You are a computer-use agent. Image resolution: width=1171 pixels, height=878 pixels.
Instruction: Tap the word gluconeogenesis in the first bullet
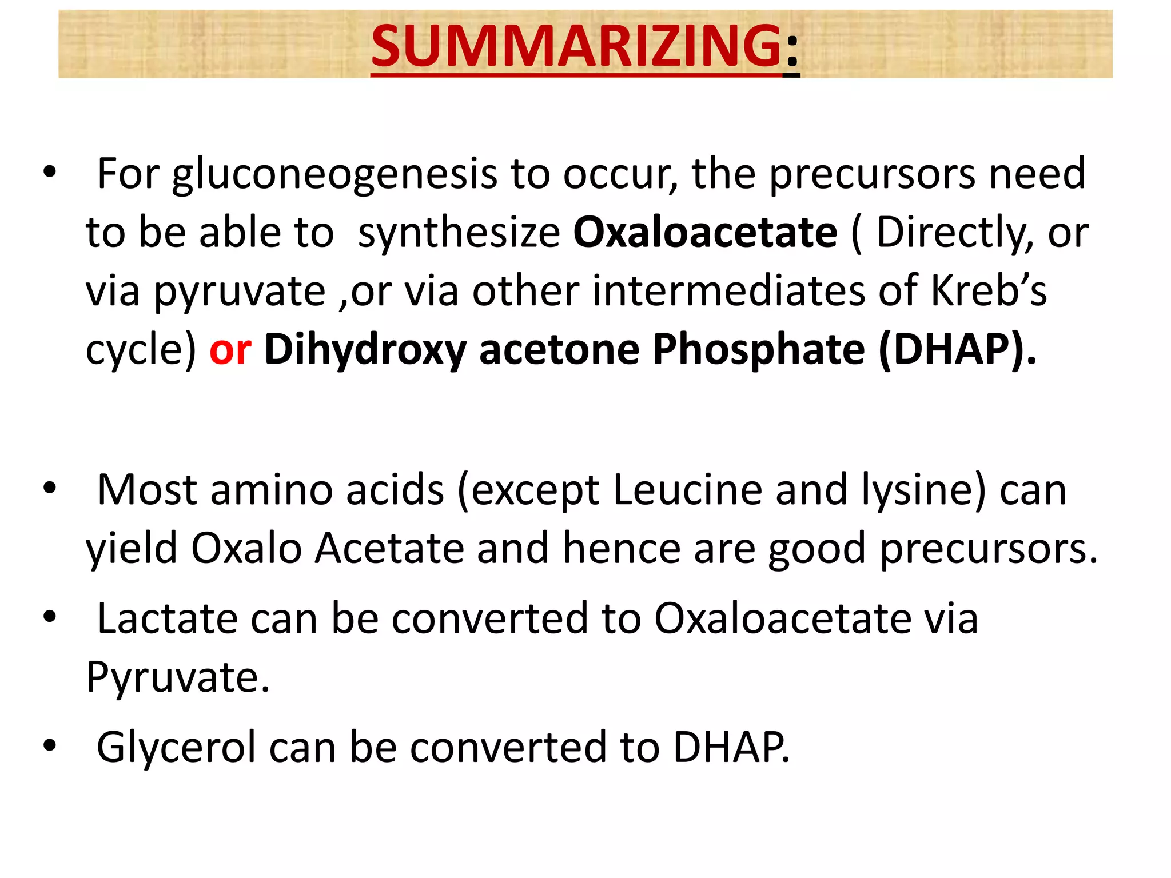(334, 174)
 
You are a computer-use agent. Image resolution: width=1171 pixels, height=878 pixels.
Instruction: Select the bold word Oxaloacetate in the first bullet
(705, 233)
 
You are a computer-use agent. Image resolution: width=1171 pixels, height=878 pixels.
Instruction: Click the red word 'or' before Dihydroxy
(230, 349)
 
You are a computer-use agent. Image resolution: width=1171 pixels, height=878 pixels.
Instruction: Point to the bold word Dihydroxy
(365, 350)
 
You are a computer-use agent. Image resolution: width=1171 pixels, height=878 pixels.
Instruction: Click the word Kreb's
(989, 291)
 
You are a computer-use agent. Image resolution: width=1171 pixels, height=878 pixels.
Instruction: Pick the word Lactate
(167, 619)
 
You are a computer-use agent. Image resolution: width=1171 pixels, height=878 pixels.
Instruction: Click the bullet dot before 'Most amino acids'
(50, 488)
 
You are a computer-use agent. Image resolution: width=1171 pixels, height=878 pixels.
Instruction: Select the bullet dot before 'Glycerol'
(50, 745)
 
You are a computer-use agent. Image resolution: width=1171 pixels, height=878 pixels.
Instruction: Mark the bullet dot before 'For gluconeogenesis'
(50, 171)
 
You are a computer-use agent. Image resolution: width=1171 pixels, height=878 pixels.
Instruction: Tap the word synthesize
(459, 234)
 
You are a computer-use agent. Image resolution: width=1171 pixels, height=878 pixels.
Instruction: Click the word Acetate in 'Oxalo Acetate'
(389, 549)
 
